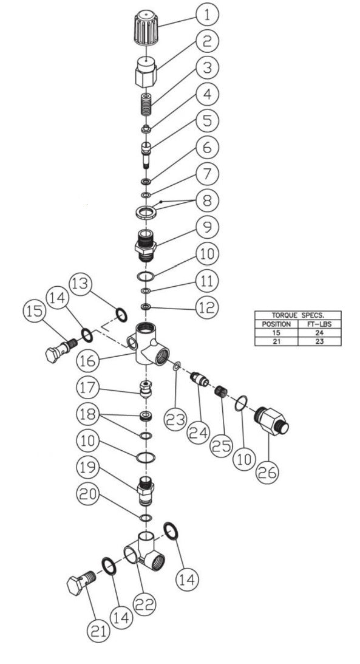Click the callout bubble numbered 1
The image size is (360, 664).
(x=207, y=15)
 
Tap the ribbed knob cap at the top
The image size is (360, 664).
(x=146, y=29)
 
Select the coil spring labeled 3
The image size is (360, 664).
(x=146, y=104)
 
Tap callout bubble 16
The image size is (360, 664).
(x=88, y=361)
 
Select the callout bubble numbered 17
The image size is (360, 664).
(x=88, y=388)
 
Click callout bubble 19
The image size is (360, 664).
(x=88, y=468)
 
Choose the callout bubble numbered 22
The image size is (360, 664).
(x=144, y=604)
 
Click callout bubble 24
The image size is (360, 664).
(x=199, y=433)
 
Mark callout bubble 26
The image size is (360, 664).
(x=268, y=473)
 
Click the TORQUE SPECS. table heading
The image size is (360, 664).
(x=298, y=315)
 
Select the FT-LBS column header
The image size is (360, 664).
(x=319, y=324)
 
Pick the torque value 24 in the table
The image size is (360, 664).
(x=319, y=333)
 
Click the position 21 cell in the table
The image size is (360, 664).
(x=276, y=341)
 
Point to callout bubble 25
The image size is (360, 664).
(x=222, y=446)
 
